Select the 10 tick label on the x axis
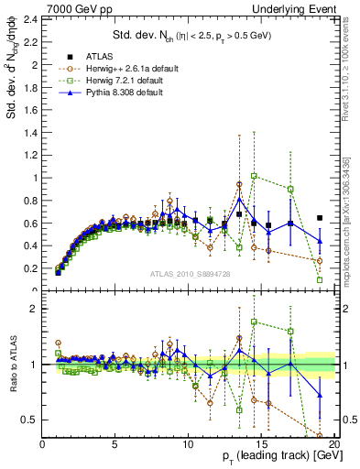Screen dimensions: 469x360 [188, 446]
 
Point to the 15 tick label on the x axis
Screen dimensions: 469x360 [261, 446]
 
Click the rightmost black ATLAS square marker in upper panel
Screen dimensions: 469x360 [319, 218]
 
